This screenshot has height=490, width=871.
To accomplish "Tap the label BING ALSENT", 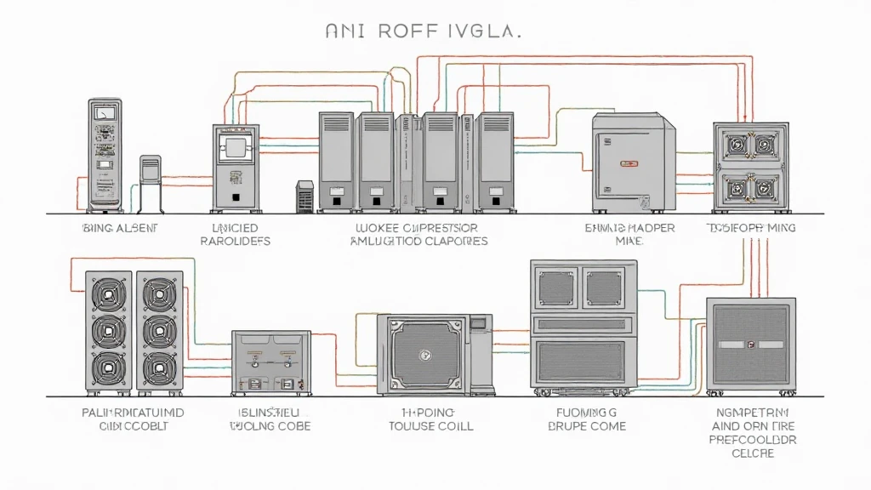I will pos(121,229).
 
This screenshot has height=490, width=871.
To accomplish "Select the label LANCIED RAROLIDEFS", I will pos(236,235).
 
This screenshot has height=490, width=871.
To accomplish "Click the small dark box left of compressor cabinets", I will pos(305,196).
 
